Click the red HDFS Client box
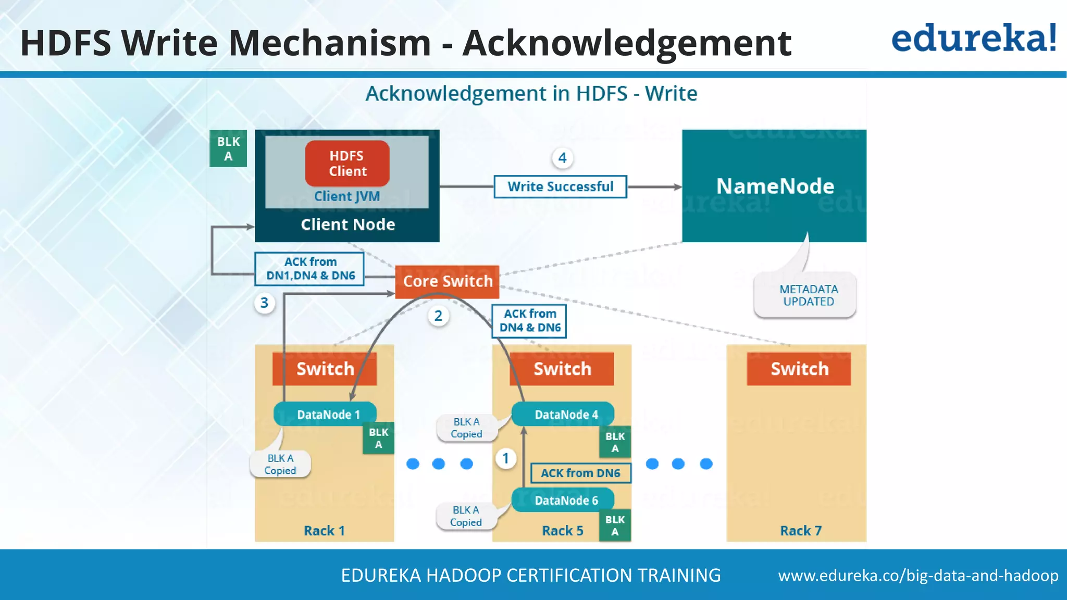[347, 164]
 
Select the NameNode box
[774, 186]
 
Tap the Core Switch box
[448, 281]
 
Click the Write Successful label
[560, 186]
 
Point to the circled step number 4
[562, 158]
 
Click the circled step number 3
[265, 303]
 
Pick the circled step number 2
[438, 316]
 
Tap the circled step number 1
[505, 458]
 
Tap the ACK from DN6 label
[580, 473]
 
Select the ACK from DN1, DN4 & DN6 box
[309, 269]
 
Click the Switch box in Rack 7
[799, 369]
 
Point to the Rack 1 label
[324, 531]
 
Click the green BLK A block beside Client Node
[228, 148]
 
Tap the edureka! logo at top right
[974, 39]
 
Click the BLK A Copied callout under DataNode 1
[280, 464]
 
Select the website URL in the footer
[918, 576]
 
